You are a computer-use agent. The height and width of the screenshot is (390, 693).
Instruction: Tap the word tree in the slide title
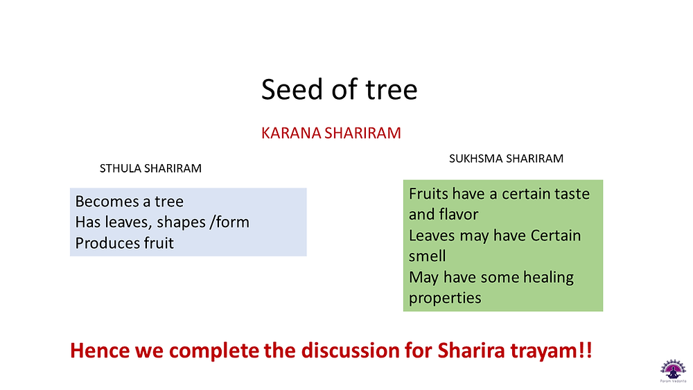point(391,89)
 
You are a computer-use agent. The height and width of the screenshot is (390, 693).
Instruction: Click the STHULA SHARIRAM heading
point(150,168)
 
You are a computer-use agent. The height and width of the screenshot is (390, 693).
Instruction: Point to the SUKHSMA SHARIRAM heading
point(506,159)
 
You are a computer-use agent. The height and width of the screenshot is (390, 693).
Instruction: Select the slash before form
point(213,222)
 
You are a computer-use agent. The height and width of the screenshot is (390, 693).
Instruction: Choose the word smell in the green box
point(428,256)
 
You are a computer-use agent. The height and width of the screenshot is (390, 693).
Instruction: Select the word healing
point(548,277)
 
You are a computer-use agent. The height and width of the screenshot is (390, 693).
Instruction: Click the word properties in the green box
point(445,298)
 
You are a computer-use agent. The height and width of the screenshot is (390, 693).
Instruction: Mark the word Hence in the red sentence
point(100,351)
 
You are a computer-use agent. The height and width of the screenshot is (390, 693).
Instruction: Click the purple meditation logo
point(673,370)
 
